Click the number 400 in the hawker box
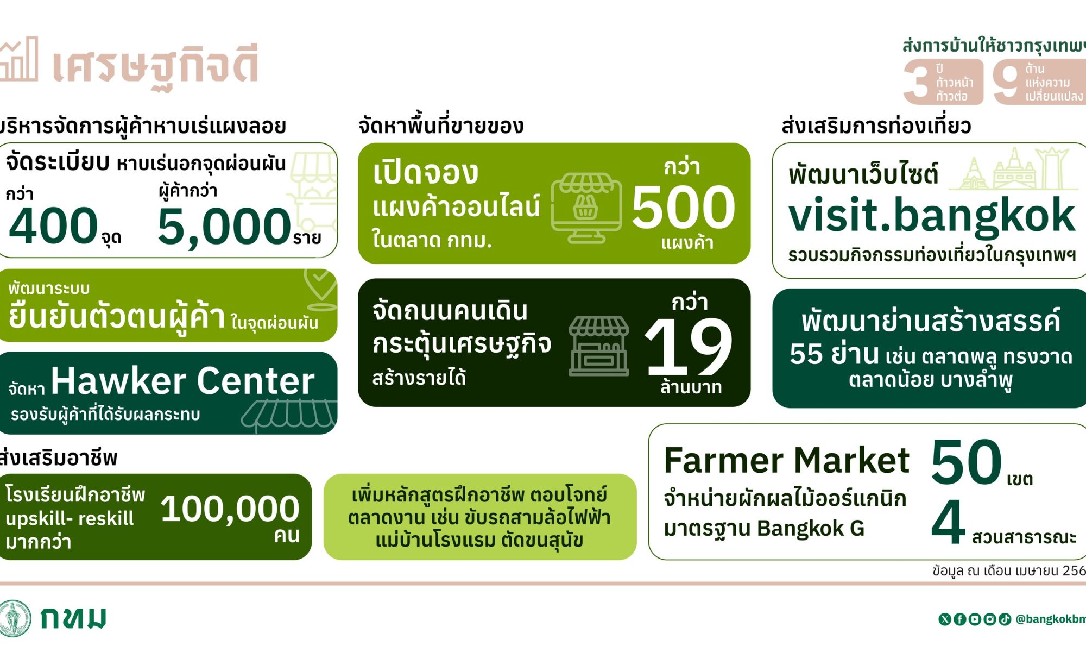point(53,225)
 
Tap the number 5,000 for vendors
point(224,226)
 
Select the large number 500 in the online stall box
point(683,206)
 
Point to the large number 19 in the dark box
point(689,346)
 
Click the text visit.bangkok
point(932,216)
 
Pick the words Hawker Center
point(182,380)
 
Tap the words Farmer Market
point(786,460)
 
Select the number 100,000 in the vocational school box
point(230,510)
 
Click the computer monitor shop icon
point(586,208)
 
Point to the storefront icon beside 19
point(599,346)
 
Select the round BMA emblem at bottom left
point(15,618)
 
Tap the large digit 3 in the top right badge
point(918,82)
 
